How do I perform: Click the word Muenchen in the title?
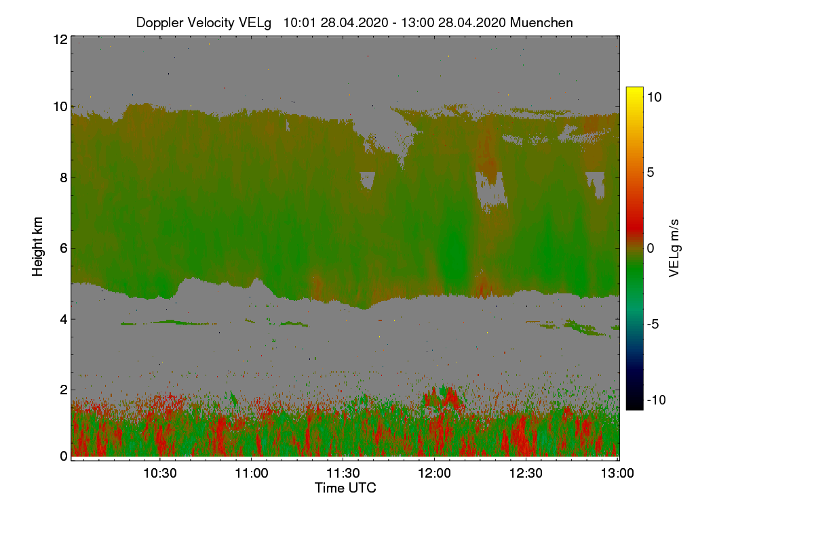click(x=541, y=22)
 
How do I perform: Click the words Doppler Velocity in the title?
click(x=178, y=22)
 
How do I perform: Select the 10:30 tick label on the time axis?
click(x=160, y=473)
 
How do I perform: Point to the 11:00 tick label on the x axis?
click(x=252, y=473)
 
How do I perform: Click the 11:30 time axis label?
click(x=343, y=473)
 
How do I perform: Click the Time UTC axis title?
click(x=345, y=488)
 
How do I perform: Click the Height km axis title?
click(x=38, y=247)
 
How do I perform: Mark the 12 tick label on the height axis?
click(x=60, y=39)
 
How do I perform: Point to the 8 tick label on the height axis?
click(x=63, y=178)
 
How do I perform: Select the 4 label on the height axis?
click(x=63, y=318)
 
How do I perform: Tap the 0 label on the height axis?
click(x=63, y=457)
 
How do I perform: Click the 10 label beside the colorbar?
click(x=654, y=97)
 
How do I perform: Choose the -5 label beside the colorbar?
click(x=654, y=325)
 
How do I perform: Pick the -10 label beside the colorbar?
click(x=657, y=400)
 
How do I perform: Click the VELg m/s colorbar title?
click(x=674, y=248)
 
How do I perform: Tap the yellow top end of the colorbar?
click(x=634, y=91)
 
